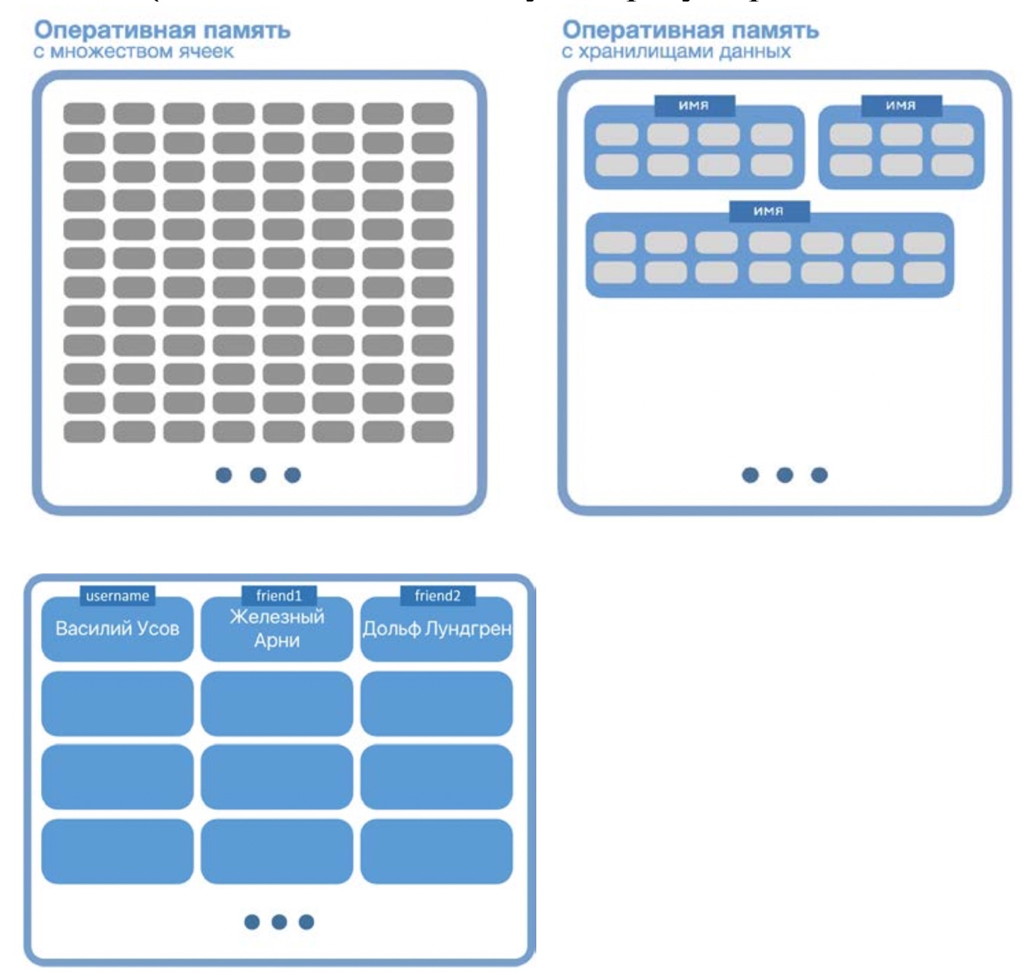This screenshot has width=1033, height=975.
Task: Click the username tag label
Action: pyautogui.click(x=117, y=595)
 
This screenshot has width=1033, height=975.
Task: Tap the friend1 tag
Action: pyautogui.click(x=278, y=595)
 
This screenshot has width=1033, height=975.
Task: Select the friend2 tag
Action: pyautogui.click(x=437, y=595)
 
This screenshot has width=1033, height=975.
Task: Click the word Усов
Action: pyautogui.click(x=158, y=628)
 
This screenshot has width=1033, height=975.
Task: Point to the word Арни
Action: pyautogui.click(x=277, y=640)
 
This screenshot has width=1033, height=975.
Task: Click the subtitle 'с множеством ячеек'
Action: pyautogui.click(x=134, y=52)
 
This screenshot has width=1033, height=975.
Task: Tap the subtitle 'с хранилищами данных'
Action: pyautogui.click(x=676, y=52)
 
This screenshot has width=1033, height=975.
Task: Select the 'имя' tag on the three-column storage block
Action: pyautogui.click(x=901, y=106)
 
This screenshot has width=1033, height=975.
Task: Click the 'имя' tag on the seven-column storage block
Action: pyautogui.click(x=768, y=211)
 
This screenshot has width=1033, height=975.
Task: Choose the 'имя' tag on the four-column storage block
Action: pyautogui.click(x=694, y=106)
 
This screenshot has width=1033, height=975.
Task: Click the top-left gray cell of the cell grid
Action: pyautogui.click(x=84, y=113)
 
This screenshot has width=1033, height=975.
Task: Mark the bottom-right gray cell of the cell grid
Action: pyautogui.click(x=432, y=431)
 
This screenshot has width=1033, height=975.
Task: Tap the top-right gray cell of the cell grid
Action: pyautogui.click(x=432, y=113)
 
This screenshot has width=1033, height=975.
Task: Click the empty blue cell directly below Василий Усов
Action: pyautogui.click(x=117, y=703)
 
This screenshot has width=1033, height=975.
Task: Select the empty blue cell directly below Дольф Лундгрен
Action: pyautogui.click(x=437, y=703)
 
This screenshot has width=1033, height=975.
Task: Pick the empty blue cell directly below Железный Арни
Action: pyautogui.click(x=277, y=703)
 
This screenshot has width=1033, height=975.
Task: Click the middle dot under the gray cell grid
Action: pyautogui.click(x=258, y=475)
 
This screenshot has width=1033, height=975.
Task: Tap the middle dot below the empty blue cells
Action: pyautogui.click(x=279, y=922)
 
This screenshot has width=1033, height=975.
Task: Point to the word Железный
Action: pyautogui.click(x=277, y=616)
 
